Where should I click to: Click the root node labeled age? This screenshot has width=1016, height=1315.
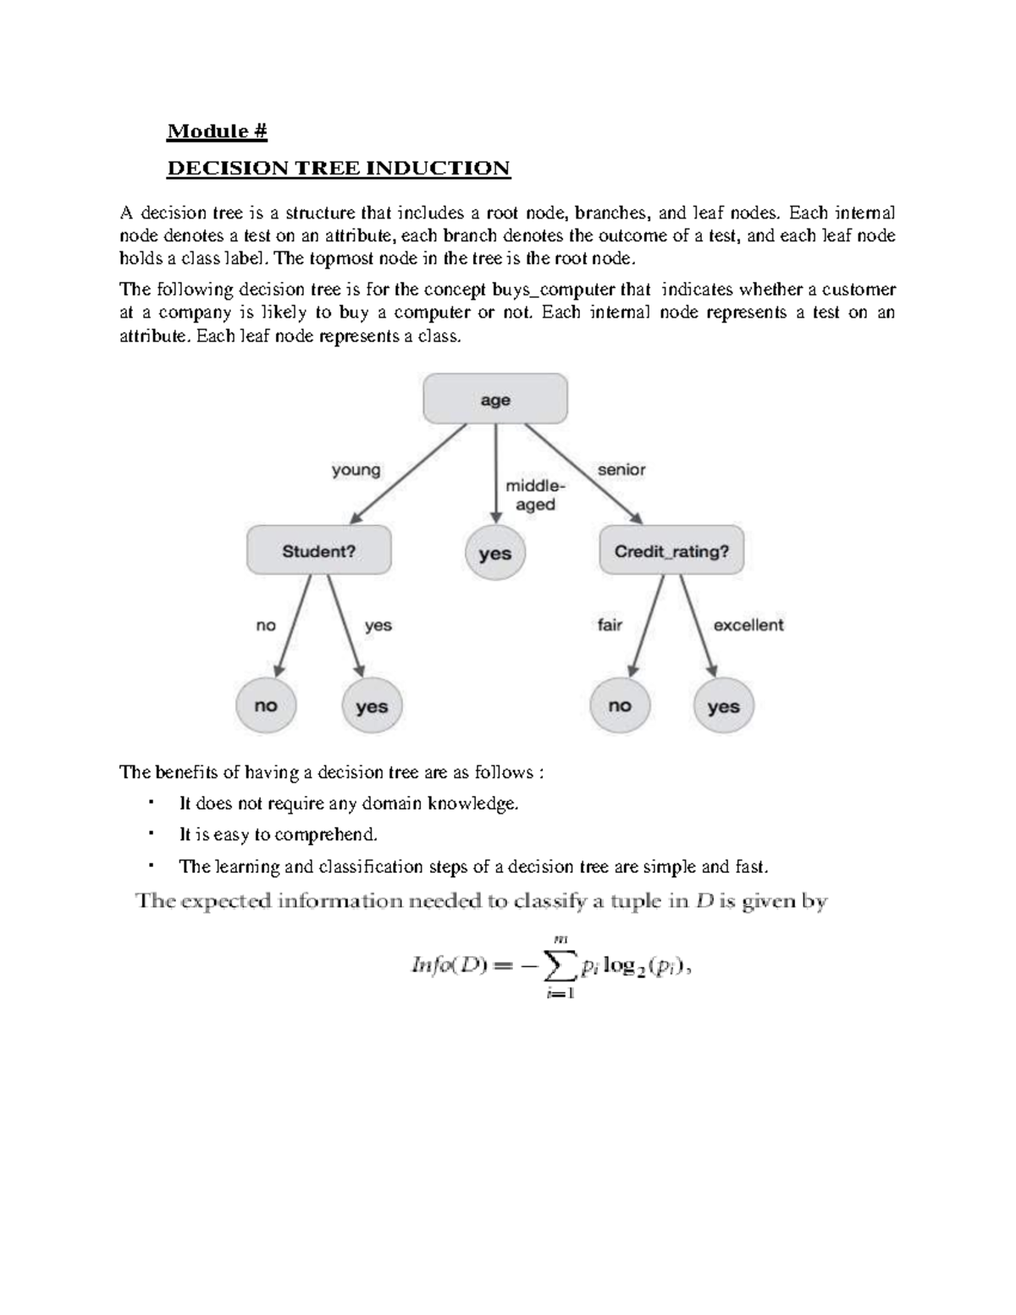click(x=495, y=400)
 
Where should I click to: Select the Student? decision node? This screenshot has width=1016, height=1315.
click(x=319, y=551)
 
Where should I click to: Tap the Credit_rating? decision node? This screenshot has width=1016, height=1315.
click(x=671, y=551)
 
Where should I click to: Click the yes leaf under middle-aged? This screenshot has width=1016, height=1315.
click(x=495, y=554)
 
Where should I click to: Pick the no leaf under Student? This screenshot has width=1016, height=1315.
click(x=266, y=705)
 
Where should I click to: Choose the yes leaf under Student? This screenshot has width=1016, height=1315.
click(x=372, y=706)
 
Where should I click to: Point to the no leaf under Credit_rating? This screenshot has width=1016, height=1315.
click(x=620, y=705)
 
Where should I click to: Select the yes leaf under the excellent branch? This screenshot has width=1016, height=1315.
click(x=724, y=706)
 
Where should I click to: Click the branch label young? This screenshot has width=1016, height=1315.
click(x=356, y=470)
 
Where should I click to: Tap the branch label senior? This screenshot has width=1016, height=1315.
click(x=621, y=469)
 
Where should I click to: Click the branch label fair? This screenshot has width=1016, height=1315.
click(x=610, y=625)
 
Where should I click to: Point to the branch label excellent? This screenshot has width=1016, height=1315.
click(x=748, y=625)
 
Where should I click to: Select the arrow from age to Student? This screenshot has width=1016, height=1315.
click(x=408, y=473)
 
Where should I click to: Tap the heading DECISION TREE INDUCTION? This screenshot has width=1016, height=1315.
click(x=339, y=168)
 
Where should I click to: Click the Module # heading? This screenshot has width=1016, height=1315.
click(x=218, y=131)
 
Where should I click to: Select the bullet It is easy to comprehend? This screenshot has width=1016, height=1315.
click(x=278, y=835)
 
